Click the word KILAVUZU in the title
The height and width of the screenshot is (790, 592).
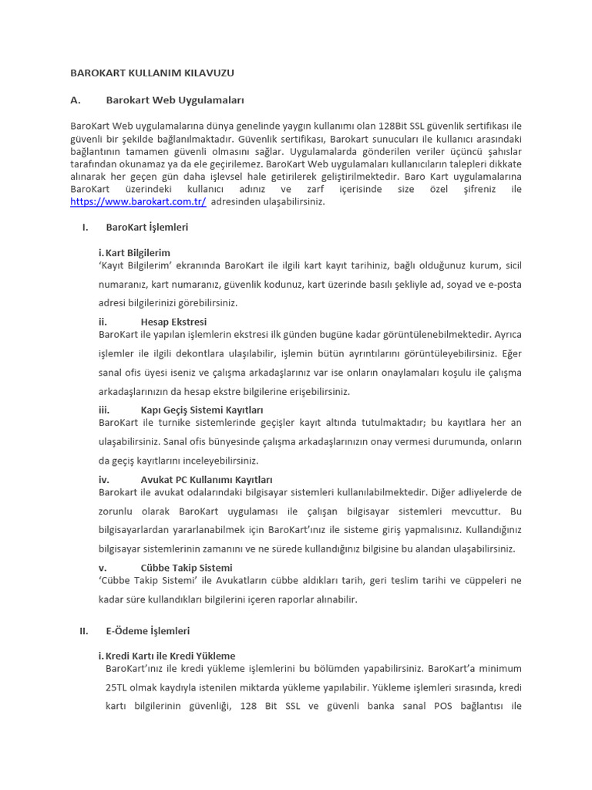click(x=207, y=73)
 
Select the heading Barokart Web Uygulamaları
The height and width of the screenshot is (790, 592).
click(x=175, y=100)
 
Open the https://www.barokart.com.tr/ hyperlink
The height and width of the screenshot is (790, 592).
click(x=138, y=202)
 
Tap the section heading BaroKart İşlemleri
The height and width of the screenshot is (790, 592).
click(x=146, y=228)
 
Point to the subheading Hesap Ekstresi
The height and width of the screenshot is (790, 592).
click(x=173, y=322)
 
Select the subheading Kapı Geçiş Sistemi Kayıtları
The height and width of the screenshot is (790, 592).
click(x=202, y=410)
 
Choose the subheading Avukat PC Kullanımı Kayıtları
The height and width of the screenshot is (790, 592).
click(x=207, y=480)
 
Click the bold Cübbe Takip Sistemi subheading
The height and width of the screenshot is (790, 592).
click(x=187, y=568)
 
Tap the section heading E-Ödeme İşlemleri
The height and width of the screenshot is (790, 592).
click(x=148, y=631)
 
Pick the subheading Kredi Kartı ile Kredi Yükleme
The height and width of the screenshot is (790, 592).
click(x=170, y=656)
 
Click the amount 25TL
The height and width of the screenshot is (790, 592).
click(x=118, y=687)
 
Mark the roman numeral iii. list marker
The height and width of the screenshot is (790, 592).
click(x=104, y=410)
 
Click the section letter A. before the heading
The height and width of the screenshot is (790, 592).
click(x=75, y=100)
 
